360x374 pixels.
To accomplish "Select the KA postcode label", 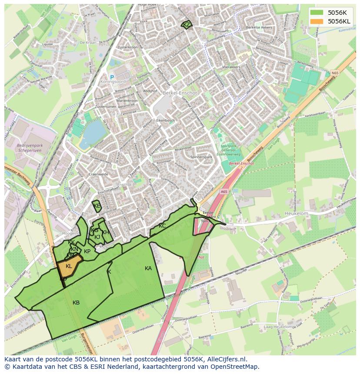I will [148, 268].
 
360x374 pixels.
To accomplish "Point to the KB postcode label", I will [76, 303].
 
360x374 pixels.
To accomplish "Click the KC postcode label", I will [162, 226].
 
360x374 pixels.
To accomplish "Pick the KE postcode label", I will [97, 206].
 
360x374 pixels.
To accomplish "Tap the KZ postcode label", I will [187, 25].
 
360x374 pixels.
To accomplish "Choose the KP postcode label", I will [87, 252].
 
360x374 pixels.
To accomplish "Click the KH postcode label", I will [106, 233].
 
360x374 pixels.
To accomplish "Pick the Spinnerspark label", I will [201, 156].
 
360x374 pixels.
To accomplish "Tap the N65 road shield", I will [334, 73].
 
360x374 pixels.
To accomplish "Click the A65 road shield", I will [223, 191].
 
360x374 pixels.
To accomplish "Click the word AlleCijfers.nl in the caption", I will [226, 359].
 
